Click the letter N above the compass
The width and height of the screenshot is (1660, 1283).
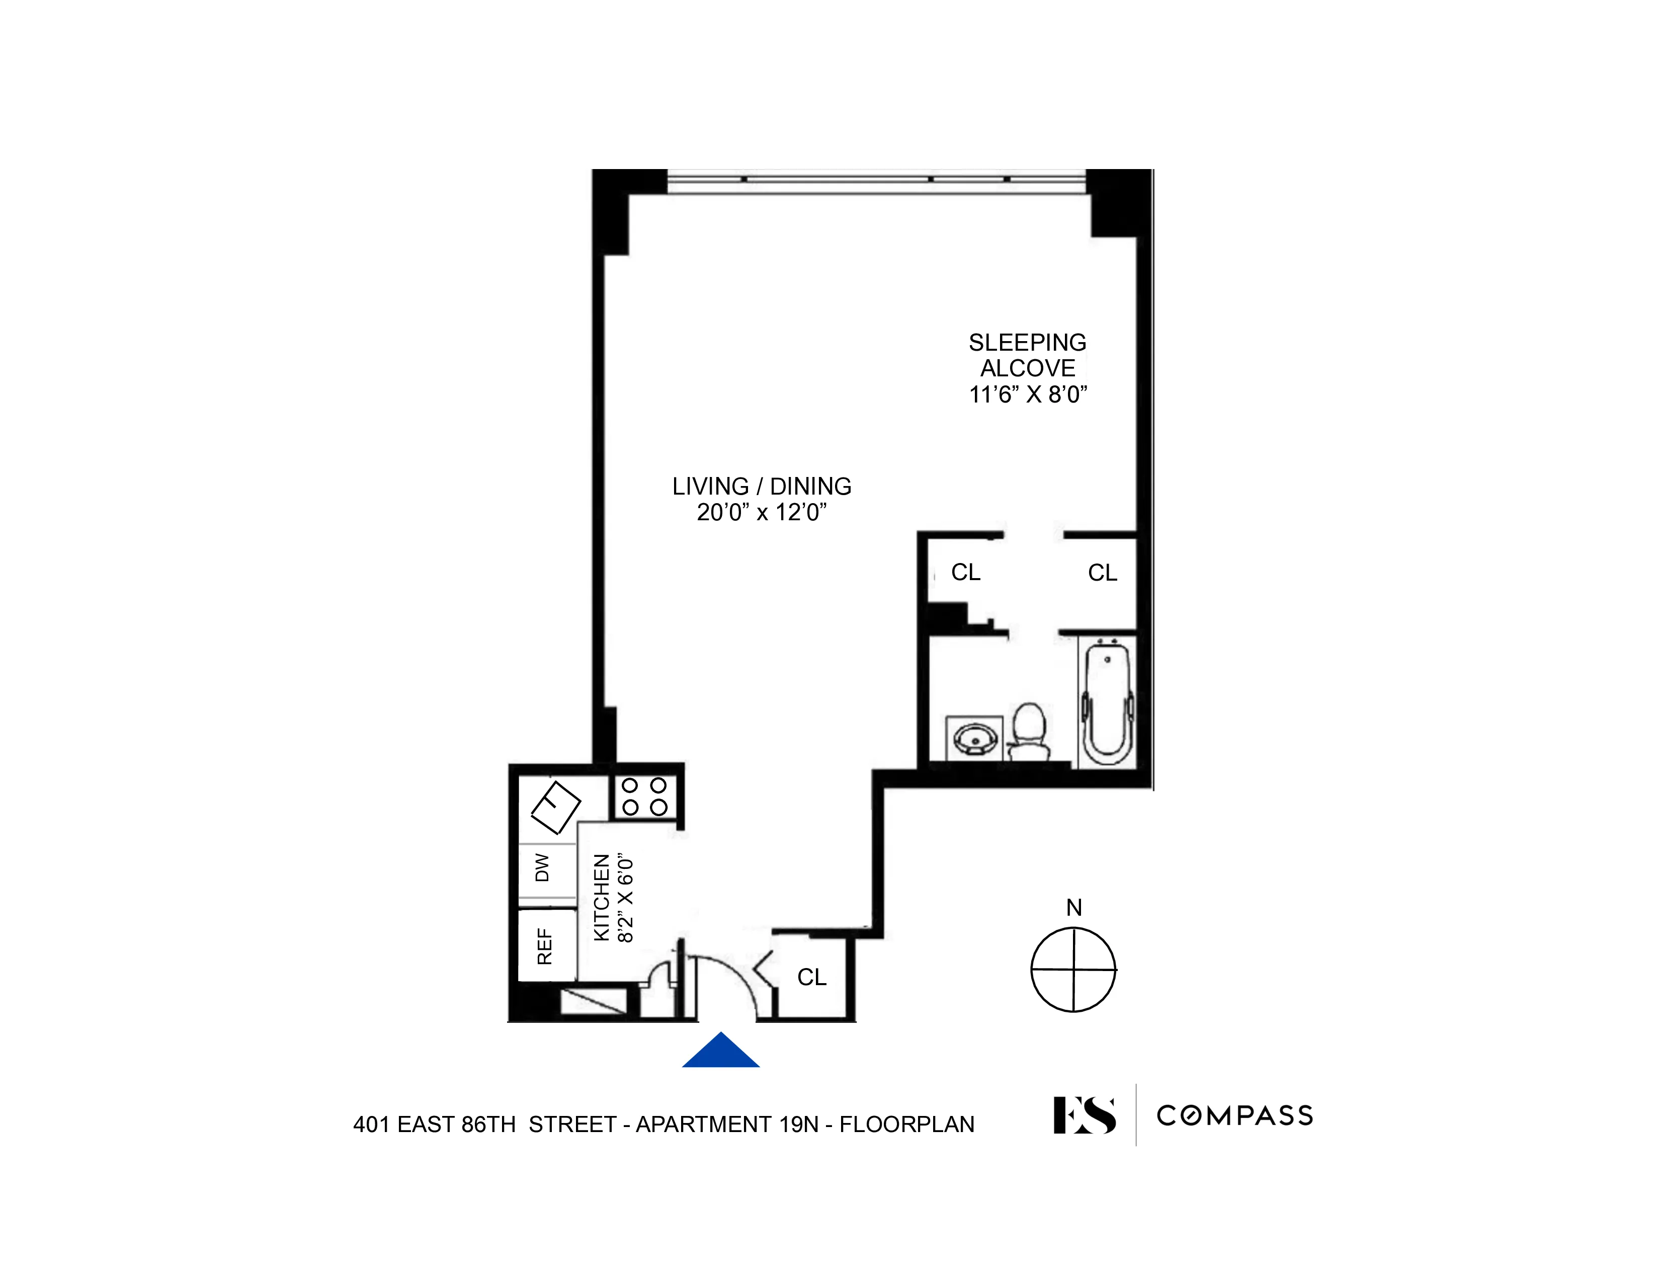click(x=1073, y=908)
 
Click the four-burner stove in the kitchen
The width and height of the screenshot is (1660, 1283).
click(x=644, y=796)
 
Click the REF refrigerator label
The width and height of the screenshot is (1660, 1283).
click(x=544, y=946)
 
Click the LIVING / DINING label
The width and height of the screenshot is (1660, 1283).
click(x=762, y=487)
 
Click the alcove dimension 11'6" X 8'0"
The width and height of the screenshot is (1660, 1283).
click(x=1028, y=394)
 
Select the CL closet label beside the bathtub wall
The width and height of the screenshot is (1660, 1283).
click(x=1102, y=573)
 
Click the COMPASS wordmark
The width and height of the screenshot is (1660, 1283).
click(x=1234, y=1116)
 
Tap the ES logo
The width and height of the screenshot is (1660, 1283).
click(x=1085, y=1115)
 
